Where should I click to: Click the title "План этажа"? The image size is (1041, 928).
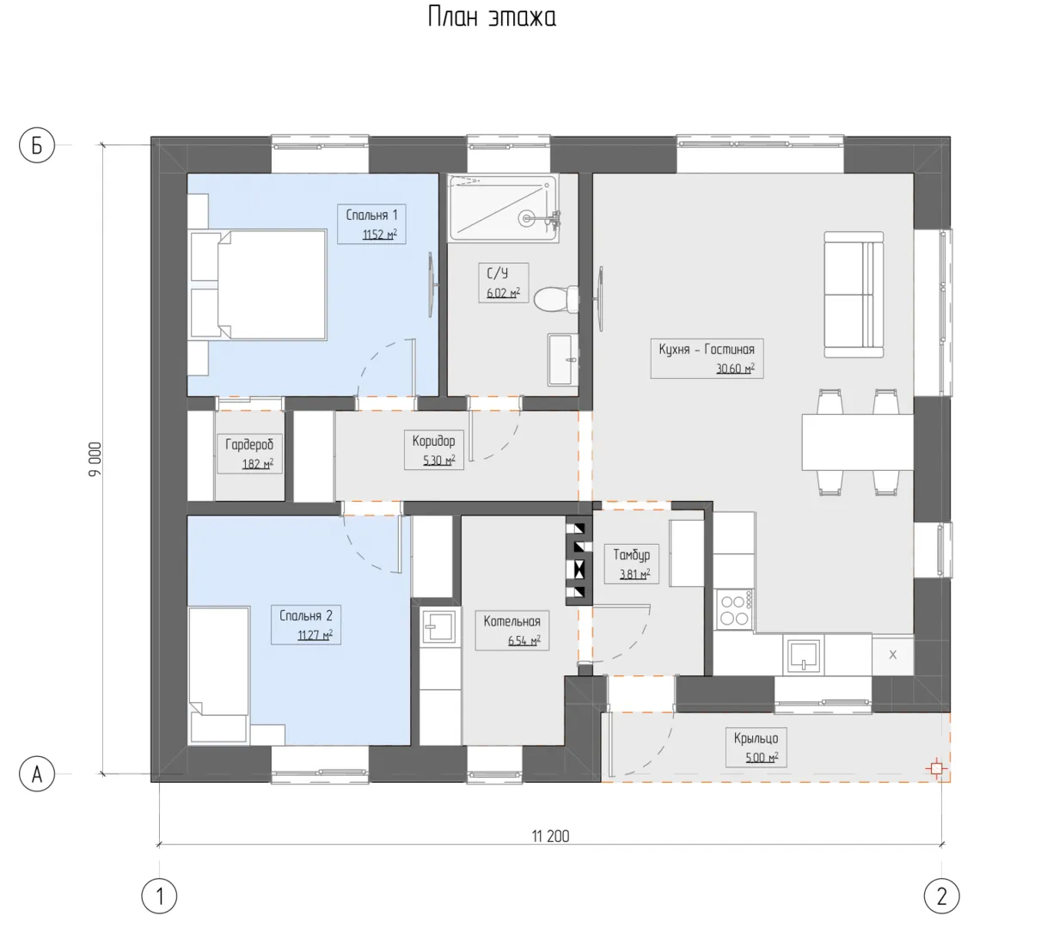click(x=492, y=17)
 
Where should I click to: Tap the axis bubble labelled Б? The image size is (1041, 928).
click(x=37, y=145)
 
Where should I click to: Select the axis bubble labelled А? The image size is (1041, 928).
click(x=37, y=774)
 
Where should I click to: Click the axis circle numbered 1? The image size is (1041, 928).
click(x=159, y=896)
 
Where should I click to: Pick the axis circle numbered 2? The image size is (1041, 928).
click(x=942, y=896)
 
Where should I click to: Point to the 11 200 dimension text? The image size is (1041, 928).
click(x=550, y=837)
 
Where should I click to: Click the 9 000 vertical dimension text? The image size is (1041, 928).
click(x=95, y=459)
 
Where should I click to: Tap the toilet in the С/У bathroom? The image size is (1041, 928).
click(x=556, y=299)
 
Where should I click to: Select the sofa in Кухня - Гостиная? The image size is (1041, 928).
click(x=854, y=294)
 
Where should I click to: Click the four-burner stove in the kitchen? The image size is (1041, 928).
click(x=735, y=609)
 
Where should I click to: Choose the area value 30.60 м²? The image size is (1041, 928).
click(x=735, y=369)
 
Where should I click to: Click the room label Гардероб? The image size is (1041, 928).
click(x=249, y=444)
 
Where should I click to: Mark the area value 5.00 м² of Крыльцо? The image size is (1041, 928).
click(x=762, y=758)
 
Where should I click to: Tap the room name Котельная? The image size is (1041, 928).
click(x=511, y=621)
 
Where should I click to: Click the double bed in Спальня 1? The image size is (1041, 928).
click(x=259, y=284)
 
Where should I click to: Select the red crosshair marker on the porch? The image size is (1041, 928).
click(x=936, y=769)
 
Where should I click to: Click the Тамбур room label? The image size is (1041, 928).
click(x=632, y=554)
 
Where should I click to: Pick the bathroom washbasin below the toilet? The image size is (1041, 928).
click(x=563, y=359)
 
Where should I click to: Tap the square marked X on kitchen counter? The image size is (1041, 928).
click(x=892, y=655)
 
